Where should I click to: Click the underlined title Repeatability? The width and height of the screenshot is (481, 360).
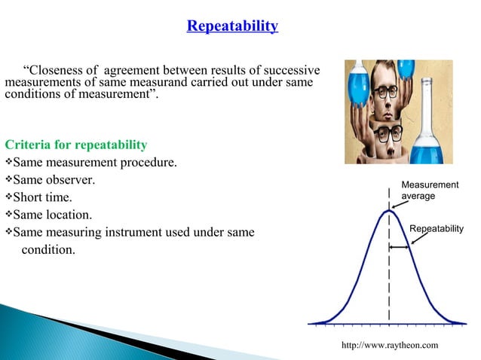232,27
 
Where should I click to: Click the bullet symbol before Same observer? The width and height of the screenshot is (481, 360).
9,181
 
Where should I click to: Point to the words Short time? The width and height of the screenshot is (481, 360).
43,197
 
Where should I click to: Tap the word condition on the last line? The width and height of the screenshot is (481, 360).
47,250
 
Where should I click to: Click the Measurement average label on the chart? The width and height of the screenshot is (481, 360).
429,190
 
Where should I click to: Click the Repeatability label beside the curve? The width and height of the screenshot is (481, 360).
436,228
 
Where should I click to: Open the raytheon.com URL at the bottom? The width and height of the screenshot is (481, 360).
390,344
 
